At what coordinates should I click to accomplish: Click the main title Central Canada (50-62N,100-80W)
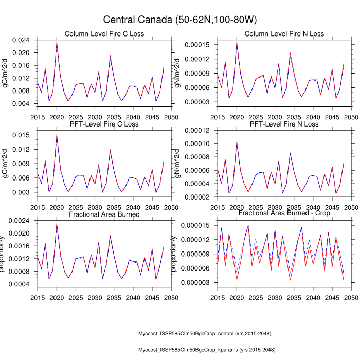tap(180, 20)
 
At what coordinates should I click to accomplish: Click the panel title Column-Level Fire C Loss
tap(104, 34)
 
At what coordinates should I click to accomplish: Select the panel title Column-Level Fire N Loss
tap(284, 34)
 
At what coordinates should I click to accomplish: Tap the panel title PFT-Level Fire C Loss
tap(104, 124)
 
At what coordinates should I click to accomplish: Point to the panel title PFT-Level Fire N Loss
tap(284, 124)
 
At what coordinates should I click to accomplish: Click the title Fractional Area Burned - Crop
tap(284, 213)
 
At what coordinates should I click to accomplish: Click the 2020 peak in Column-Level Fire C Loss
tap(57, 42)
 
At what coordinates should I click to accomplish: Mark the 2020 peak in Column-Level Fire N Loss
tap(237, 42)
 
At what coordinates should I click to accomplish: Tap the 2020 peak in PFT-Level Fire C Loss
tap(57, 135)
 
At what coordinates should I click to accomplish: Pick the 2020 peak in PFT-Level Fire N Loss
tap(237, 141)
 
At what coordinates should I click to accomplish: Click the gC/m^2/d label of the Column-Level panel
tap(6, 72)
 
